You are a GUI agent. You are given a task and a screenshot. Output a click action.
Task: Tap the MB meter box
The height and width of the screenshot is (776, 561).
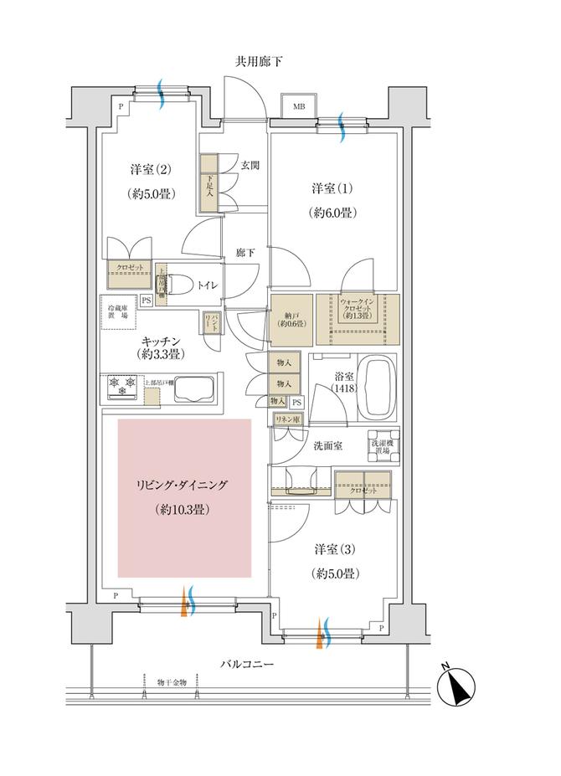(298, 106)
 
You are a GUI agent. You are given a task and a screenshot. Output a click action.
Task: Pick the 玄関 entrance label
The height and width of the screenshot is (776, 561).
(249, 165)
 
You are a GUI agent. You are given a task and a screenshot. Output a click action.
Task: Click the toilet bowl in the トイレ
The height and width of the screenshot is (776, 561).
(181, 284)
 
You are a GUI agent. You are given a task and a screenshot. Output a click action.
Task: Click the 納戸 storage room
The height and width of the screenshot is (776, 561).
(291, 317)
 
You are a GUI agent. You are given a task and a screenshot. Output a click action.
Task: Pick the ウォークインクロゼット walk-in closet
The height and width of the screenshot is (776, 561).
(358, 317)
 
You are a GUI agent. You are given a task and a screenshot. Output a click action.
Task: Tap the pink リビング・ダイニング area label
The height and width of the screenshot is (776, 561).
(183, 486)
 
